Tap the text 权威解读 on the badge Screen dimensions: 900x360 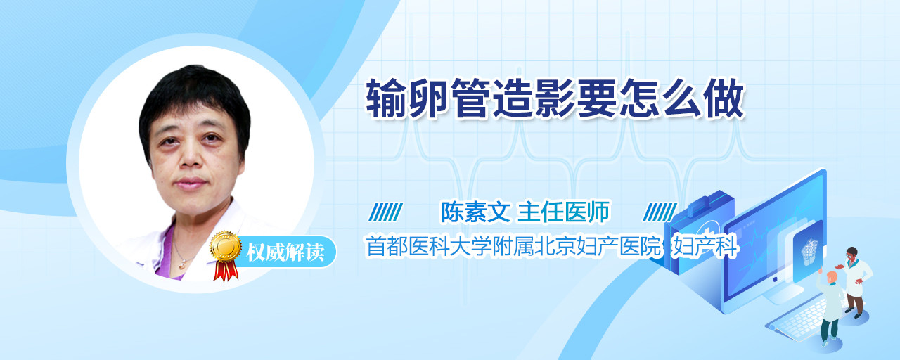[285, 252]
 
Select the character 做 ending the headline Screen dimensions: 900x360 [724, 98]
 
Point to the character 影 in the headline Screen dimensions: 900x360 [555, 98]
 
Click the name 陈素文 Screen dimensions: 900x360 [475, 212]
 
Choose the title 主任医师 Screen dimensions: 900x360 [563, 212]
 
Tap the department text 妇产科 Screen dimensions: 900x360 [705, 246]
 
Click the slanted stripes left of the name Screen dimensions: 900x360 [385, 212]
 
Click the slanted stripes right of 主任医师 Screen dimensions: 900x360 [660, 212]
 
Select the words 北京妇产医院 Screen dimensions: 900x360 [598, 246]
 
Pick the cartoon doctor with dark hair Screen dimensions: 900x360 [856, 281]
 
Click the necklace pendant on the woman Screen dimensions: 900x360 [182, 265]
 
